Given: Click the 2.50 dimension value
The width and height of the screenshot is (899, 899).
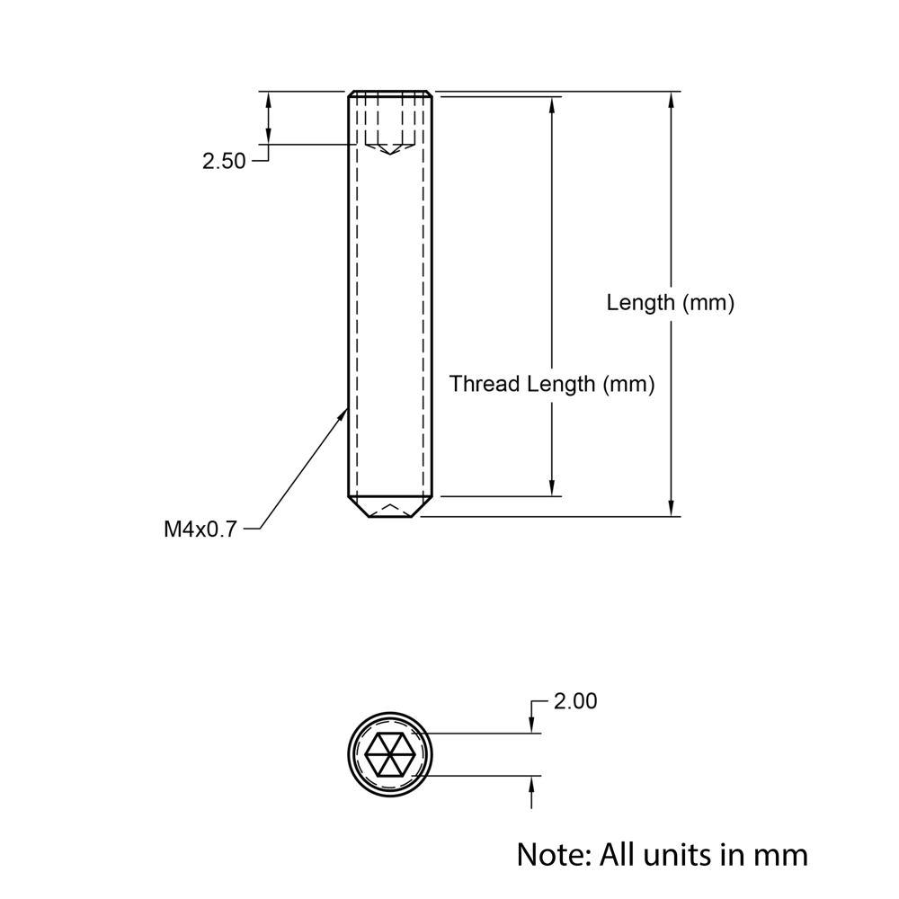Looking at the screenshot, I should pos(224,162).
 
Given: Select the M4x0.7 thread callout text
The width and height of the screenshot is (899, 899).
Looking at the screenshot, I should pos(200,530).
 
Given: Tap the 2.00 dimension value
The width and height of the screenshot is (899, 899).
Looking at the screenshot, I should pos(575,701).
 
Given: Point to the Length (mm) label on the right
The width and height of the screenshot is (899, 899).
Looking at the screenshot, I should pos(670,303).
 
